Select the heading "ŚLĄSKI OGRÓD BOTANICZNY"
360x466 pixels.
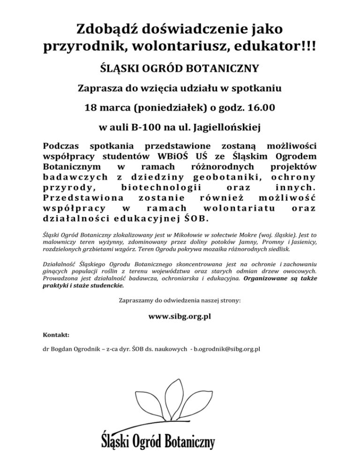[x=180, y=69]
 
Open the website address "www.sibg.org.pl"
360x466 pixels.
[x=180, y=316]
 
